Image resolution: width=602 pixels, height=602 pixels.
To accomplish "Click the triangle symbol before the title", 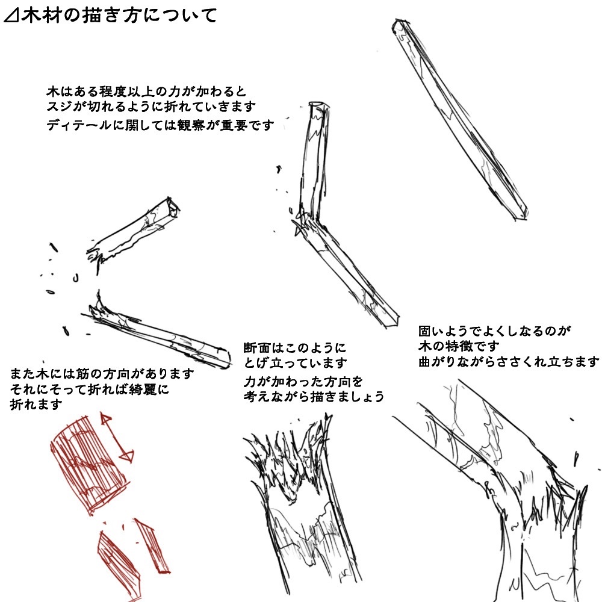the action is pyautogui.click(x=11, y=17).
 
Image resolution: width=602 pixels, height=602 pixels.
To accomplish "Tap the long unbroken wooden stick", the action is pyautogui.click(x=459, y=119).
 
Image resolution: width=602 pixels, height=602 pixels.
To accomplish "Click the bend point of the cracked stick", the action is pyautogui.click(x=307, y=223).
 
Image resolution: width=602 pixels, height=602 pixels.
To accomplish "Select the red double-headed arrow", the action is pyautogui.click(x=117, y=437).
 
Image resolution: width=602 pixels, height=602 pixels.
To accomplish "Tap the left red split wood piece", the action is pyautogui.click(x=117, y=565).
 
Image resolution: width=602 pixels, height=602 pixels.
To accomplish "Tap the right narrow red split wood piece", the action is pyautogui.click(x=152, y=546).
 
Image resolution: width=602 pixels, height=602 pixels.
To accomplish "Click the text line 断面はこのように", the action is pyautogui.click(x=295, y=348).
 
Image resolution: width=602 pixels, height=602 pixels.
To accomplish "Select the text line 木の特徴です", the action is pyautogui.click(x=459, y=346).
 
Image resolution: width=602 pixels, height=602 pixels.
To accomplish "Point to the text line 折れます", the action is pyautogui.click(x=36, y=405).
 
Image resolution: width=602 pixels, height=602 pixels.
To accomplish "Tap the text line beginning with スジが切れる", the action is pyautogui.click(x=151, y=107).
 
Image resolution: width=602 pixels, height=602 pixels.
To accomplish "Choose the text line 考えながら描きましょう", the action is pyautogui.click(x=314, y=396).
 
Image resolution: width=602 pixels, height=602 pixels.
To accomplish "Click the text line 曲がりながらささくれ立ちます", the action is pyautogui.click(x=509, y=362).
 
